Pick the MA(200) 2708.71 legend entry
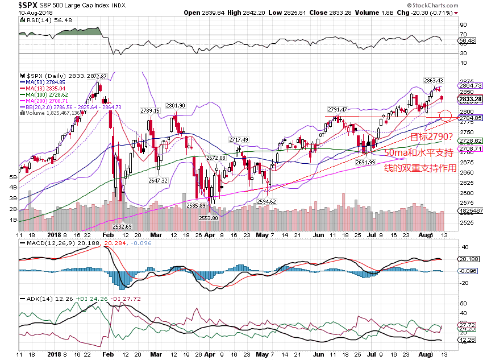pyautogui.click(x=45, y=100)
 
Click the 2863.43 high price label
pyautogui.click(x=433, y=81)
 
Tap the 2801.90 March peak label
pyautogui.click(x=176, y=105)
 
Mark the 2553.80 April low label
pyautogui.click(x=209, y=218)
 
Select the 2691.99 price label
pyautogui.click(x=366, y=162)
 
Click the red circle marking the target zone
pyautogui.click(x=446, y=116)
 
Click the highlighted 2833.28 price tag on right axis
pyautogui.click(x=471, y=98)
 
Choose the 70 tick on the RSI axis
pyautogui.click(x=464, y=34)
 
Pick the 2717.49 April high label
pyautogui.click(x=239, y=139)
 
